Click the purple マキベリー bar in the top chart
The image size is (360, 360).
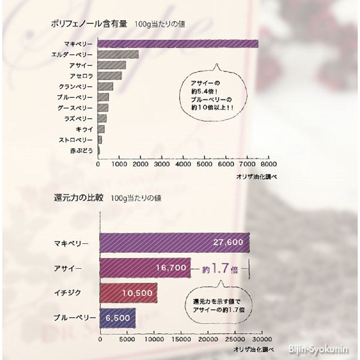coord(178,44)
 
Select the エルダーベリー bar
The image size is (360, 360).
coord(118,54)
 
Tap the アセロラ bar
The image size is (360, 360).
coord(109,76)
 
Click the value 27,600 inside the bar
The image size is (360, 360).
coord(228,243)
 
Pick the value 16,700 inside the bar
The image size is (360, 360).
coord(171,268)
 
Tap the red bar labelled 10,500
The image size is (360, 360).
coord(128,293)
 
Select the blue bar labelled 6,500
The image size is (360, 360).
coord(117,318)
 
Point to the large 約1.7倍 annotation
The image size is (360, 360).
coord(219,270)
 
